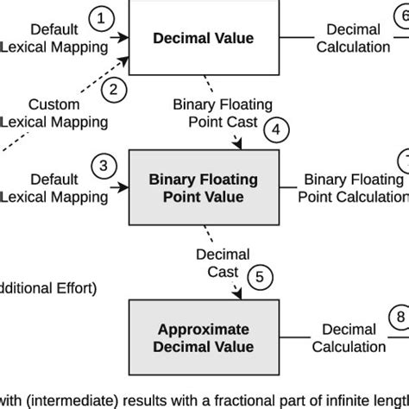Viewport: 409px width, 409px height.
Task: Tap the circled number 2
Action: pos(114,87)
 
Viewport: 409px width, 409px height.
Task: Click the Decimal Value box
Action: pos(203,38)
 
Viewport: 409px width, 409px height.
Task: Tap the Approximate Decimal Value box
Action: pos(203,337)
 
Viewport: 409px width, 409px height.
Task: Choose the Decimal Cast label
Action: pos(223,262)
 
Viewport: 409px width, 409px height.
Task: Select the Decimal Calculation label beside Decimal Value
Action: pos(353,38)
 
